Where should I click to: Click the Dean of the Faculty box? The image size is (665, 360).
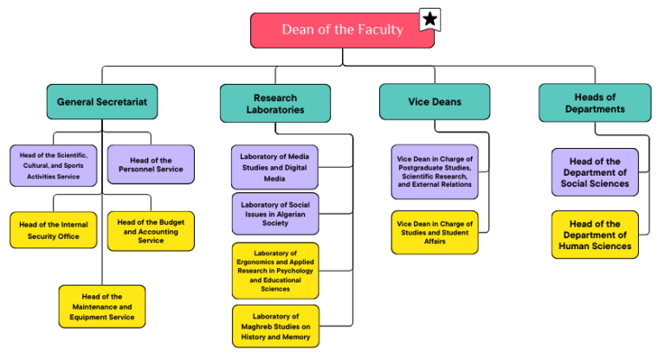click(342, 30)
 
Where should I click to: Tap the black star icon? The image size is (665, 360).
click(429, 18)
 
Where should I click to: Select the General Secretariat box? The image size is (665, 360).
click(102, 102)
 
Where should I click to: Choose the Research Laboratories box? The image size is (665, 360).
click(274, 103)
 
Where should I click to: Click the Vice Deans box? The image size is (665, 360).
click(435, 102)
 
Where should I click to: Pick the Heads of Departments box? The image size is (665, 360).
click(595, 103)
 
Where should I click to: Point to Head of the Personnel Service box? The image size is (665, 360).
click(151, 164)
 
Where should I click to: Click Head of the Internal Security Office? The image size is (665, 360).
click(54, 230)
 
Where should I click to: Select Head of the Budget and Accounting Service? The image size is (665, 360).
click(151, 230)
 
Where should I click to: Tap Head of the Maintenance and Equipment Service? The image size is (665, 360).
click(102, 306)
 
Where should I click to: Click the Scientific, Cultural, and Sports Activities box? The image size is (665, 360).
click(54, 164)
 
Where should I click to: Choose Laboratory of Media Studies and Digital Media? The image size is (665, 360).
click(274, 167)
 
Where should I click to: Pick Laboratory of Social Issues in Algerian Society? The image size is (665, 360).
click(274, 214)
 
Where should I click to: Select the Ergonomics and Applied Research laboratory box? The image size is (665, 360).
click(274, 271)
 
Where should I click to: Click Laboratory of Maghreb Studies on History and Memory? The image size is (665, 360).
click(274, 326)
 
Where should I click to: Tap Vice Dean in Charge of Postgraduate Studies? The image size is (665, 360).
click(435, 171)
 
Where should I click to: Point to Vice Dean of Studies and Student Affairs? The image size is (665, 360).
click(435, 233)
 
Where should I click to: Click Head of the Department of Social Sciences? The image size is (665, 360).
click(595, 172)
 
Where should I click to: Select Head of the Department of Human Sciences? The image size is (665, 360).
click(595, 235)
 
